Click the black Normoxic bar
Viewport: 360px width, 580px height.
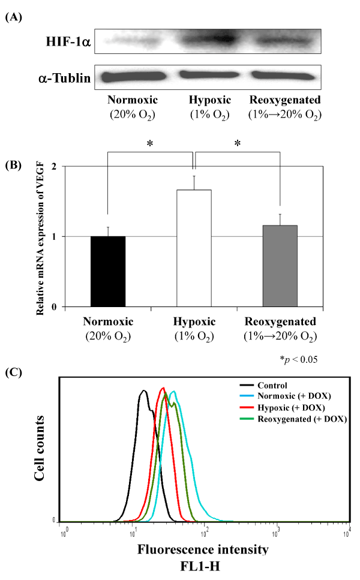(x=107, y=271)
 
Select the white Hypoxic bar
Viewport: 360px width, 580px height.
(x=193, y=248)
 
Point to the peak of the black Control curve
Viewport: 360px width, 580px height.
(x=143, y=391)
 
